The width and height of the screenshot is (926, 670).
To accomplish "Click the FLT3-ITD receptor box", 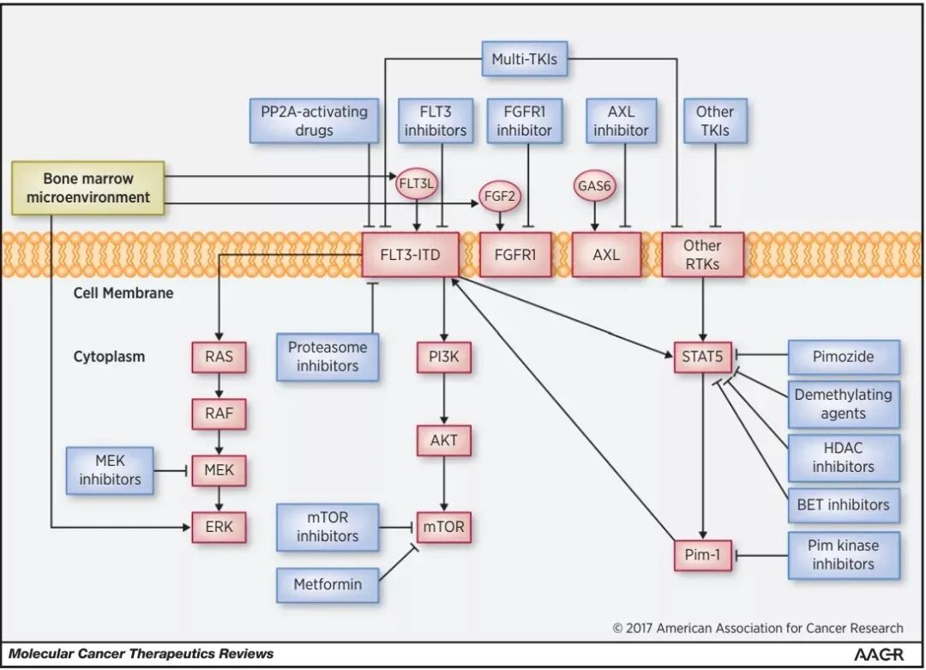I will (x=411, y=255).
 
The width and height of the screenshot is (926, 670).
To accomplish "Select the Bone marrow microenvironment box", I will (x=88, y=188).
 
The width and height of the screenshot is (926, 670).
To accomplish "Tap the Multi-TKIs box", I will (x=525, y=59).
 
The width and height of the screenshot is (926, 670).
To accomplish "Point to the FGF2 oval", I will (x=499, y=195).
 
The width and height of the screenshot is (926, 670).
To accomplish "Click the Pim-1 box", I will (x=703, y=555).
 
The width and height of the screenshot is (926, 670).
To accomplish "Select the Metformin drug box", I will (x=328, y=584).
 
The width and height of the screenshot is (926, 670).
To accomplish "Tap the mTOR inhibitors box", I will (x=328, y=526).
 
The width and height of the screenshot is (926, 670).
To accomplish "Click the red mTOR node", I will (x=444, y=526).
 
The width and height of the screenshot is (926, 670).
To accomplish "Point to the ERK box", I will (x=219, y=527).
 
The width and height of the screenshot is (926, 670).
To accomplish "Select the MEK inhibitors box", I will (x=110, y=469).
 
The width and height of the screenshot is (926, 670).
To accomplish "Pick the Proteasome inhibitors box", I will (x=328, y=356).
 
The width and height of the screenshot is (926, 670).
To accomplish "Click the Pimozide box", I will (x=843, y=356).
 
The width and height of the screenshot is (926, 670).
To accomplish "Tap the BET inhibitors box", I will (x=843, y=504).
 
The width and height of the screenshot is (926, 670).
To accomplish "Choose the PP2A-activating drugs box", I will (x=314, y=121).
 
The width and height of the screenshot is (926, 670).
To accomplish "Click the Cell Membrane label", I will (x=123, y=293).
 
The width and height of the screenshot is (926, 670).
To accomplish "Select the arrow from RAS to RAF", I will (x=219, y=386).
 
